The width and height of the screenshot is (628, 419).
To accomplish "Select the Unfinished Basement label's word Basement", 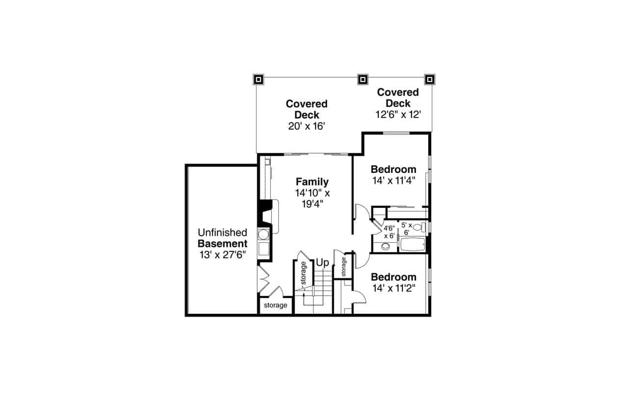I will tap(222, 244).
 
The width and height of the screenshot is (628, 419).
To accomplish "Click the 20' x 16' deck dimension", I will tap(307, 126).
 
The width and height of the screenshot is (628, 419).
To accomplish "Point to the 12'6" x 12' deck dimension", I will tap(398, 114).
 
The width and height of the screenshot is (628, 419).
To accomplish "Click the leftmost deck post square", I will tap(259, 79).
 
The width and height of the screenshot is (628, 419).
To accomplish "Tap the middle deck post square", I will tap(363, 79).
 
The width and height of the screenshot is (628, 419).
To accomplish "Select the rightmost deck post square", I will tap(429, 79).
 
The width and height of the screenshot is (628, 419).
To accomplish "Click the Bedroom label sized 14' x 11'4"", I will tap(393, 169).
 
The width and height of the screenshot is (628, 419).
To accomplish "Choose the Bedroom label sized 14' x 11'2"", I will tap(393, 277).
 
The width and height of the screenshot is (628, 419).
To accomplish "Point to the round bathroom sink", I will tap(386, 247).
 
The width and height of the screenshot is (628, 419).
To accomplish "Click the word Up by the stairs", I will tap(322, 263).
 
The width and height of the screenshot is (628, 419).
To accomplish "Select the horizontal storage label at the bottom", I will tap(275, 306).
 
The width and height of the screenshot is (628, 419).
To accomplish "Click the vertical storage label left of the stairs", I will tap(304, 274).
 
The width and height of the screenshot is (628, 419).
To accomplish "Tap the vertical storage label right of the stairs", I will tap(344, 266).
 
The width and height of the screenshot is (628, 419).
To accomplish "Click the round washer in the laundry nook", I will tap(263, 234).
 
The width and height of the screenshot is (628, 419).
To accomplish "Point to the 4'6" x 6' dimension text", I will tap(389, 232).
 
